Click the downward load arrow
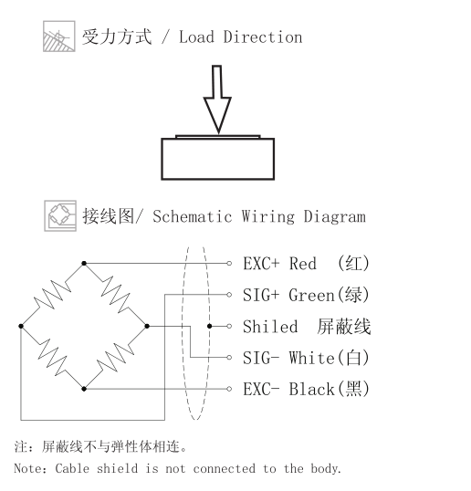217,99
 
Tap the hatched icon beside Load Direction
59,37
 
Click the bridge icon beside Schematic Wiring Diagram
60,216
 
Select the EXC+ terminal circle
229,264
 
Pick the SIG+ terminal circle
229,295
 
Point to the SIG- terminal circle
229,357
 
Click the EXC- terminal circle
229,389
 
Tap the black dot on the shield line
210,326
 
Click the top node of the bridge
84,264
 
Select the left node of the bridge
21,326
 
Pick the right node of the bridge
147,326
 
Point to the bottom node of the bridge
84,389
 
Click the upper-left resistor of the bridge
52,295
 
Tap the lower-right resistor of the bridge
116,358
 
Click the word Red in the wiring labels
302,264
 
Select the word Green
311,295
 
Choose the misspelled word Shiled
270,327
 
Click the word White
311,358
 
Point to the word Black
311,389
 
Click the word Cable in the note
72,469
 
